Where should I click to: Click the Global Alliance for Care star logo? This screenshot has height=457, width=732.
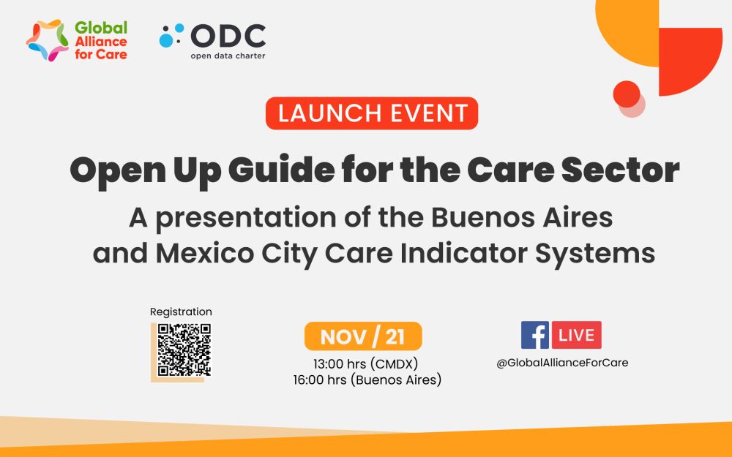click(47, 40)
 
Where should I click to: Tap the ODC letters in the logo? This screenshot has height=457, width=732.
click(228, 36)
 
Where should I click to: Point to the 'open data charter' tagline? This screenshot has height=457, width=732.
click(228, 56)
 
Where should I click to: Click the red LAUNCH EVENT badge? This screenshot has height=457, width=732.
click(372, 113)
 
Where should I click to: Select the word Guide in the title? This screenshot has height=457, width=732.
click(282, 170)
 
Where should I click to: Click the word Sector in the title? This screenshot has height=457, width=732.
click(621, 170)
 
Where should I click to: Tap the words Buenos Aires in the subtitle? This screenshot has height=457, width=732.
click(521, 217)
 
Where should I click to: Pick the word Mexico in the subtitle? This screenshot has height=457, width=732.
click(205, 253)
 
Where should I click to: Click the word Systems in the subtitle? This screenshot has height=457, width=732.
click(594, 254)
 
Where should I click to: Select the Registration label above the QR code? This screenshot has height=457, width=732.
click(181, 312)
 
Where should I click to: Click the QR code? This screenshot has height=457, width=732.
click(184, 350)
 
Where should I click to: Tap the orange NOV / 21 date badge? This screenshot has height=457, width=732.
click(363, 336)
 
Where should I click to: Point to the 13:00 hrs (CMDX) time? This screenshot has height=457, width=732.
click(365, 363)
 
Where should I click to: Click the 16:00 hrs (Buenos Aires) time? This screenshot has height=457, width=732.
click(367, 380)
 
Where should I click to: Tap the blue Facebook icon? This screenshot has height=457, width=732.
click(535, 335)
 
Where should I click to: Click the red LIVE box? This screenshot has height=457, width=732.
click(577, 335)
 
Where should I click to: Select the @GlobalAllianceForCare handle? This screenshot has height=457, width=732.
click(562, 363)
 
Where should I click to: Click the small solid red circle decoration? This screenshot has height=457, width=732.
click(627, 94)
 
